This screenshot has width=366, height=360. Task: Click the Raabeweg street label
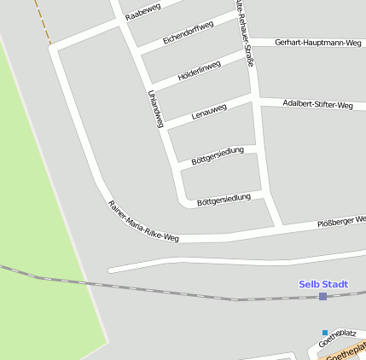pos(142,11)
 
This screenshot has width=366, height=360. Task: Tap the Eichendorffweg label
pos(187,33)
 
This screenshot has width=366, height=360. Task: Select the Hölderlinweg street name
pos(199,71)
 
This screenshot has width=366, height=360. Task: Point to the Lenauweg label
pos(209,111)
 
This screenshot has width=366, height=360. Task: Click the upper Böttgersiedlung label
pos(218,154)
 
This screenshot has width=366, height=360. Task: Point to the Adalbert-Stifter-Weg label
pos(317,105)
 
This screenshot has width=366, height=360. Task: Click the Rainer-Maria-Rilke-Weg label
pos(142,220)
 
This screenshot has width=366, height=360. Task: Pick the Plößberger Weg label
pos(341,221)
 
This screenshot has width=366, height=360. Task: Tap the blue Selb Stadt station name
pos(323,284)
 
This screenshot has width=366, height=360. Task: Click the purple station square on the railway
pos(322,296)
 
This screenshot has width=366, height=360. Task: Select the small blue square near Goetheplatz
pos(324,332)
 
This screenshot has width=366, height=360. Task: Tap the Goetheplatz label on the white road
pos(336,339)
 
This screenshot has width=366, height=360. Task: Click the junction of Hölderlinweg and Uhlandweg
pos(150,87)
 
